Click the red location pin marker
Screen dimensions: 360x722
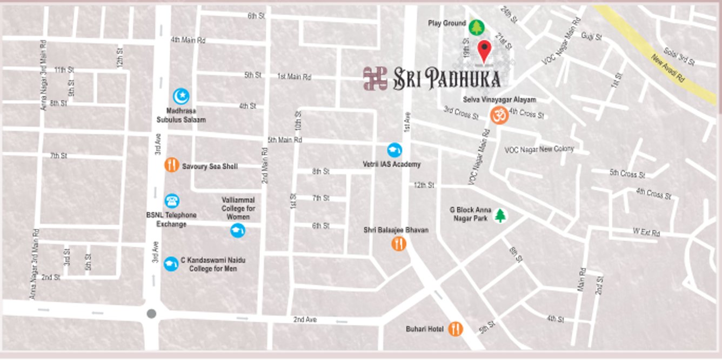coord(485,51)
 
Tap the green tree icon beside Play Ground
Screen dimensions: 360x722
coord(476,27)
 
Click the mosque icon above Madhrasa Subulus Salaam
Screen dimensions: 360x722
coord(181,97)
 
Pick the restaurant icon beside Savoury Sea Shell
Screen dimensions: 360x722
coord(171,164)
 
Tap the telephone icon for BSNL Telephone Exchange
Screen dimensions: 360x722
coord(172,201)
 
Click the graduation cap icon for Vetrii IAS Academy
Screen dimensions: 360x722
coord(395,150)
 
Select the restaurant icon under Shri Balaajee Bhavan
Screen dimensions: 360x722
coord(399,244)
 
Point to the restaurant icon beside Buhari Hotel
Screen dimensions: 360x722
coord(456,329)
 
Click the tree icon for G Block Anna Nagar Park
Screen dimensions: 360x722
coord(500,216)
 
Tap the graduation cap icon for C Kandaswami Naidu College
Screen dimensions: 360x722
coord(171,264)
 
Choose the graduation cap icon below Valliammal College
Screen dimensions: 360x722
coord(237,231)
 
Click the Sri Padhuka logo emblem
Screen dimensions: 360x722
coord(375,78)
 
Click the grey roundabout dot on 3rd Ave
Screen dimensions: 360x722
coord(151,314)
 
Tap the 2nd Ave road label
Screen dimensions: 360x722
coord(305,319)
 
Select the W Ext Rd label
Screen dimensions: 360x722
coord(646,233)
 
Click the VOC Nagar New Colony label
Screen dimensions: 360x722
coord(539,149)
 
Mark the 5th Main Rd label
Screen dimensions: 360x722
coord(285,140)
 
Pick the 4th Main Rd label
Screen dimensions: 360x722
coord(188,40)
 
